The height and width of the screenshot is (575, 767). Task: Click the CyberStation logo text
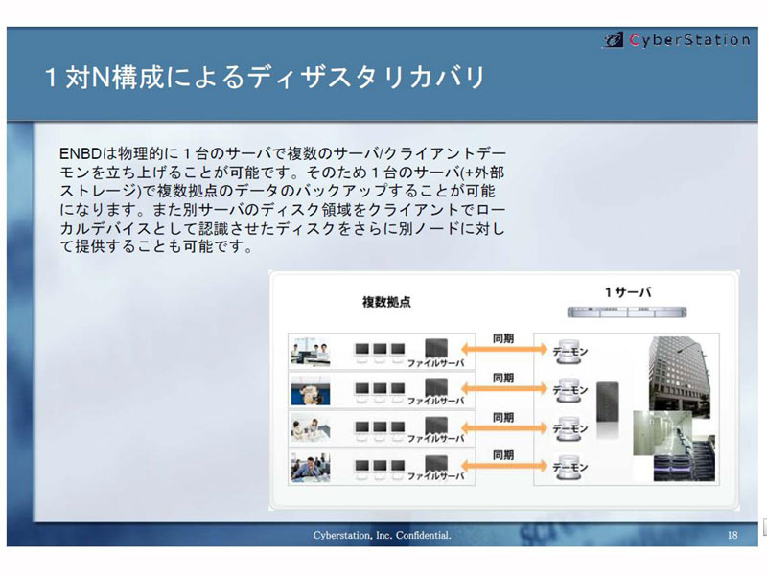tap(689, 39)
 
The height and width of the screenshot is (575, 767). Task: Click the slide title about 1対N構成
tap(265, 78)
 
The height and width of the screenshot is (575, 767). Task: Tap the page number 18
tap(732, 535)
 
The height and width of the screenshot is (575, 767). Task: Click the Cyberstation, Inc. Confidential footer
tap(382, 535)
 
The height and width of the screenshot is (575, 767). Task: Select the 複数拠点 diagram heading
tap(386, 302)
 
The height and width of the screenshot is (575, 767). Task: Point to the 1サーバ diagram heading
tap(628, 292)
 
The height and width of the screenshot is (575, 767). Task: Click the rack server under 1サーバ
tap(627, 312)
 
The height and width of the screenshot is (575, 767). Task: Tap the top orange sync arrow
tap(504, 349)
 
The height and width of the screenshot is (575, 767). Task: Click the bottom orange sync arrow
tap(504, 465)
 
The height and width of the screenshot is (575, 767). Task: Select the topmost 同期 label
tap(503, 338)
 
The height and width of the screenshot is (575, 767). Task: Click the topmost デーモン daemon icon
tap(569, 351)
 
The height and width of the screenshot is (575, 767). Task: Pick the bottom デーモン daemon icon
tap(569, 468)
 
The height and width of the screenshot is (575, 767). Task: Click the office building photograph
tap(679, 377)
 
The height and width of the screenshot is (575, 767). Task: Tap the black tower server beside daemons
tap(608, 403)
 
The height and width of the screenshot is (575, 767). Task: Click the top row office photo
tap(311, 352)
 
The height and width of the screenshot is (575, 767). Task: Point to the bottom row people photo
tap(311, 468)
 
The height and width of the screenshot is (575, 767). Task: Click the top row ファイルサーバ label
tap(435, 363)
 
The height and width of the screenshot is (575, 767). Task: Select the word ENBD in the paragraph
tap(80, 153)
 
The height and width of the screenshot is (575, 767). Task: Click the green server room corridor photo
tap(662, 433)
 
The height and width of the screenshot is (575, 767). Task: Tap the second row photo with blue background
tap(311, 391)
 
